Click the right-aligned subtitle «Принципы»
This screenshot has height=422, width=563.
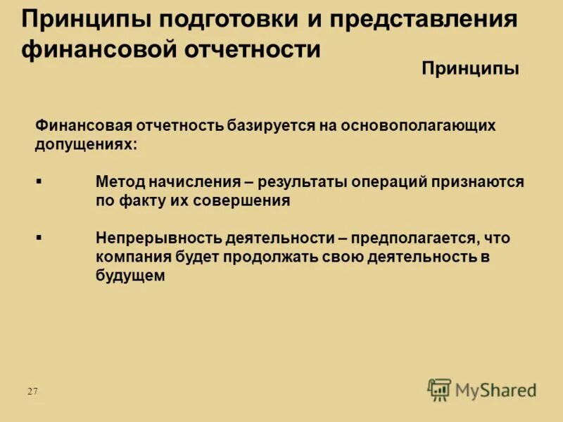point(470,68)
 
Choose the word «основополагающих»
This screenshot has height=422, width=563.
point(418,126)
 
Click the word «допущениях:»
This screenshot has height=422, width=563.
point(86,144)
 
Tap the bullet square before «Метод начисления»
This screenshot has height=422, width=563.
point(39,181)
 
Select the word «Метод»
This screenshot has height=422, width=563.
point(120,182)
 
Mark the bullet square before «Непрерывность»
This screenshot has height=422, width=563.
point(39,238)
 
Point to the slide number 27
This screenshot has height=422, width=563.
point(32,391)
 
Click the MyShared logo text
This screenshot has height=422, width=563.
point(495,389)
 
